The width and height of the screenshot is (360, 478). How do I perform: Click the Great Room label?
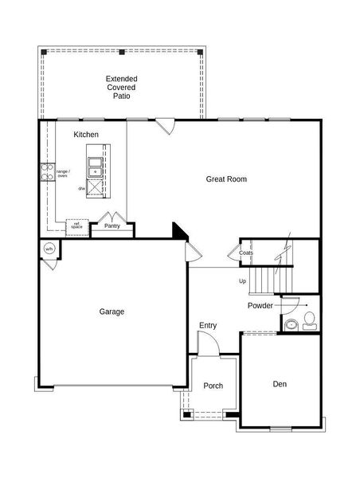pos(226,179)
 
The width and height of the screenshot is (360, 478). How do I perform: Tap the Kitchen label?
pos(86,135)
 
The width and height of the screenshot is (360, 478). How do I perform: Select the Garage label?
pos(112,311)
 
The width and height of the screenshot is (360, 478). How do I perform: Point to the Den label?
pos(280,384)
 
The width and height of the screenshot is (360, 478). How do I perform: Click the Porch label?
pos(213,386)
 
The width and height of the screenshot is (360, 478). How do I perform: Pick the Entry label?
pos(208,325)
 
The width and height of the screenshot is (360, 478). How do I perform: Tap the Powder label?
pos(260,306)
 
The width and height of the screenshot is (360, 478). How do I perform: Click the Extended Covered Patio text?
pos(121,87)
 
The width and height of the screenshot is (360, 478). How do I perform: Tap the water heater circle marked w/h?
pos(49,249)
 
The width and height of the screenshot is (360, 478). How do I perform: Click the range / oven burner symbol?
pos(47,173)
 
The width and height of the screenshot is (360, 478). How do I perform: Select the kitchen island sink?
pos(96,167)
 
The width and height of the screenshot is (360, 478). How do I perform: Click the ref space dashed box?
pos(76,225)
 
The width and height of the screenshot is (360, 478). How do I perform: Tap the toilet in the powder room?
pos(311,322)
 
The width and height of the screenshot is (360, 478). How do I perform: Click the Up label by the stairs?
pos(242,280)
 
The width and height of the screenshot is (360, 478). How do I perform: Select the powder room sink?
pos(292,324)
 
